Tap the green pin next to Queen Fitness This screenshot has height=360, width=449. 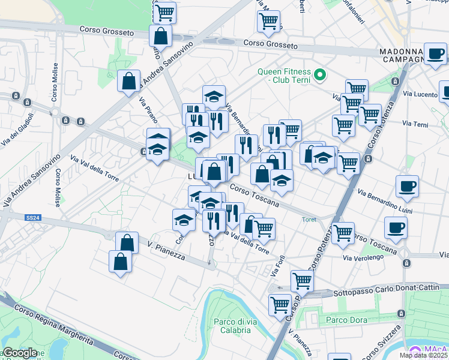point(320,75)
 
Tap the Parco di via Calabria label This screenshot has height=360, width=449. point(232,326)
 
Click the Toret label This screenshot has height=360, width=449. point(309,220)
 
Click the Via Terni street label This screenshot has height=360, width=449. point(415,124)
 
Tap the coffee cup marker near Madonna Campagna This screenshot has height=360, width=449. point(435,54)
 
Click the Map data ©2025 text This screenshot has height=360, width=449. point(424,355)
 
